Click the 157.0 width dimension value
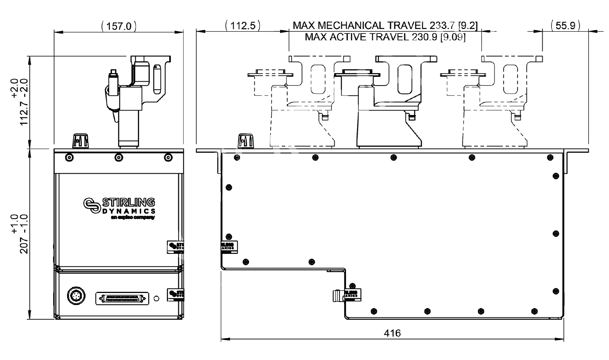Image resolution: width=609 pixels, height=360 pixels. pos(119,26)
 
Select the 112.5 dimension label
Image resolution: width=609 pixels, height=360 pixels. pos(243,26)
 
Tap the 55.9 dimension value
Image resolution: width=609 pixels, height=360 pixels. pos(565,26)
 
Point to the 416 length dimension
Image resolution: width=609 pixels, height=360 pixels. pos(392,333)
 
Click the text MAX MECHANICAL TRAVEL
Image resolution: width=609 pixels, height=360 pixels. pos(360,26)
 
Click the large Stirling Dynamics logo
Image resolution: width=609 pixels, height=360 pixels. pos(119,207)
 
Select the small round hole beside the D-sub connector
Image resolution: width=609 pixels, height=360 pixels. pos(156,298)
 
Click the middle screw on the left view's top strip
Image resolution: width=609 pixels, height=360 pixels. pos(119,157)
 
